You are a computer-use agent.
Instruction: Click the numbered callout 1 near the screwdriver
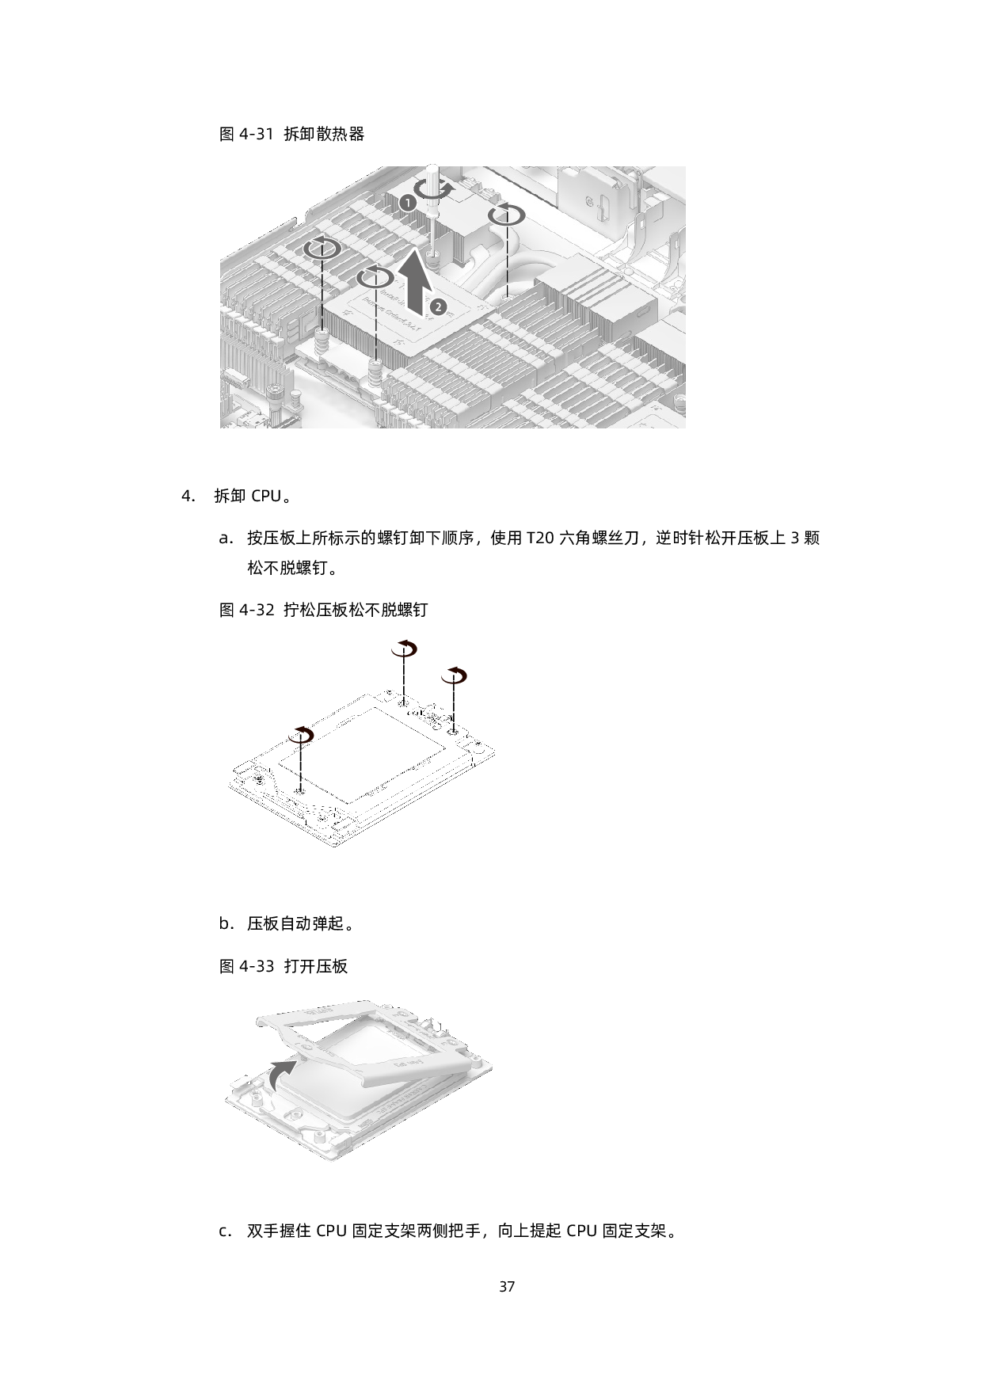coord(405,203)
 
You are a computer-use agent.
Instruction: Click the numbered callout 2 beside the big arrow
coord(439,305)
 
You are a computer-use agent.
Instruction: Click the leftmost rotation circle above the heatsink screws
coord(322,248)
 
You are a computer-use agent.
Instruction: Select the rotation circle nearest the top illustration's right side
coord(506,214)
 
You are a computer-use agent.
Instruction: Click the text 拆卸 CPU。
coord(256,497)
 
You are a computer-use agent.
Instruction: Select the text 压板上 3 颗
coord(778,538)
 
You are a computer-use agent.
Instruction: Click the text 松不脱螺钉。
coord(295,568)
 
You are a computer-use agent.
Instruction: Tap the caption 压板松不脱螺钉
coord(372,610)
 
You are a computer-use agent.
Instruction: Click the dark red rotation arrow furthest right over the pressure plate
coord(454,675)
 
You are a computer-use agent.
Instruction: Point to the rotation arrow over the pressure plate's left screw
coord(301,733)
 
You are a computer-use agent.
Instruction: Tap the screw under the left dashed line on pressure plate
coord(299,790)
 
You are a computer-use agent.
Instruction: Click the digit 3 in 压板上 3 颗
coord(795,538)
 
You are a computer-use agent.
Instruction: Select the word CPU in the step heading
coord(266,497)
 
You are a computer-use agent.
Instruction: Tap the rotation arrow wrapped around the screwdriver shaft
coord(435,190)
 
